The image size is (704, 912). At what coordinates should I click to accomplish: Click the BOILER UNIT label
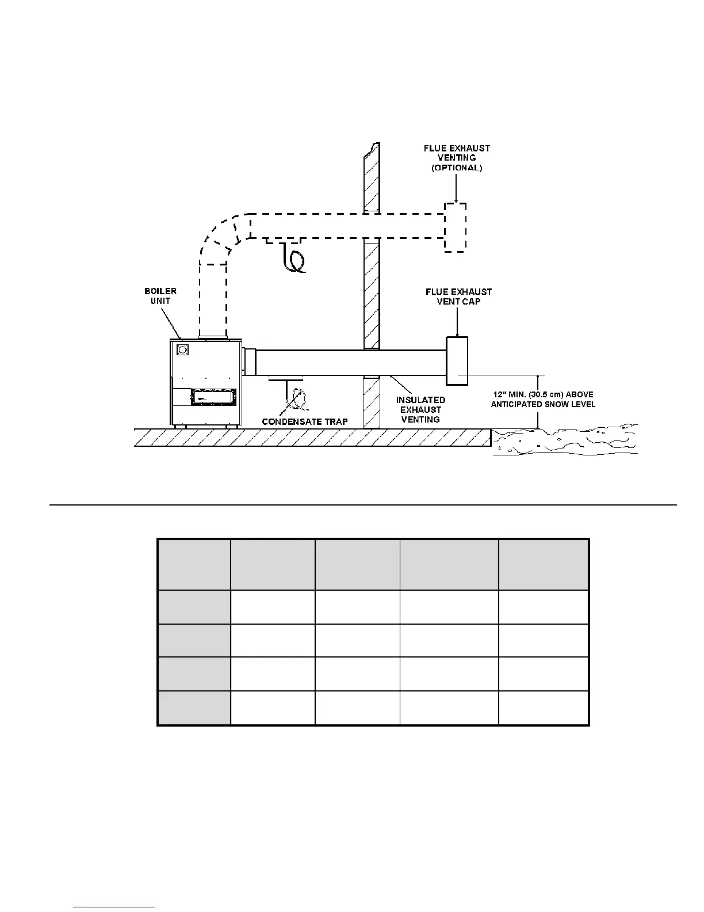point(160,296)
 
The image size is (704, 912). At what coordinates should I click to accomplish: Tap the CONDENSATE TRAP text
point(305,421)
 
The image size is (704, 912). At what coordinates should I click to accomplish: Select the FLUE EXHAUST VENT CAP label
point(458,297)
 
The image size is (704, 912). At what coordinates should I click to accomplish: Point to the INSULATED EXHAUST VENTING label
point(420,409)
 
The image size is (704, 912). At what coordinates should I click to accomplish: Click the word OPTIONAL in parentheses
point(457,168)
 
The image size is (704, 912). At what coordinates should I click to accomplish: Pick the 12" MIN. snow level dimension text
point(543,399)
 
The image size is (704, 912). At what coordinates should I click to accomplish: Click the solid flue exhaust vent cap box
point(457,361)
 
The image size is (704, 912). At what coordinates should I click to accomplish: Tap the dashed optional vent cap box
point(455,227)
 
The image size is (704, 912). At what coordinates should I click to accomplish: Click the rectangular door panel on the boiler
point(213,396)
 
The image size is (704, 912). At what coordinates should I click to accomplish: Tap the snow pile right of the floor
point(564,440)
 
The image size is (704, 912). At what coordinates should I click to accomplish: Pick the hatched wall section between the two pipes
point(372,294)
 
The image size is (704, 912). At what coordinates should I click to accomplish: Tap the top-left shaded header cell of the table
point(194,564)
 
